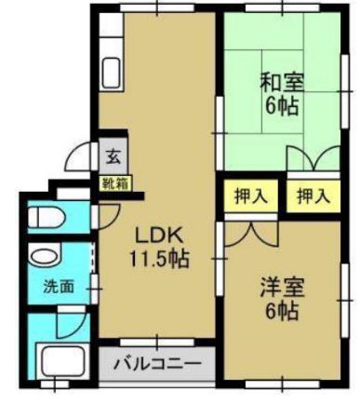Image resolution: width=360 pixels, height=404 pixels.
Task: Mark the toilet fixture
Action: [x=45, y=219]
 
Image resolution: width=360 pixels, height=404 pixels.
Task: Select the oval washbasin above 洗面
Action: [x=41, y=256]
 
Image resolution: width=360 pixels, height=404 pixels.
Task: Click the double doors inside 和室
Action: [x=313, y=157]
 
